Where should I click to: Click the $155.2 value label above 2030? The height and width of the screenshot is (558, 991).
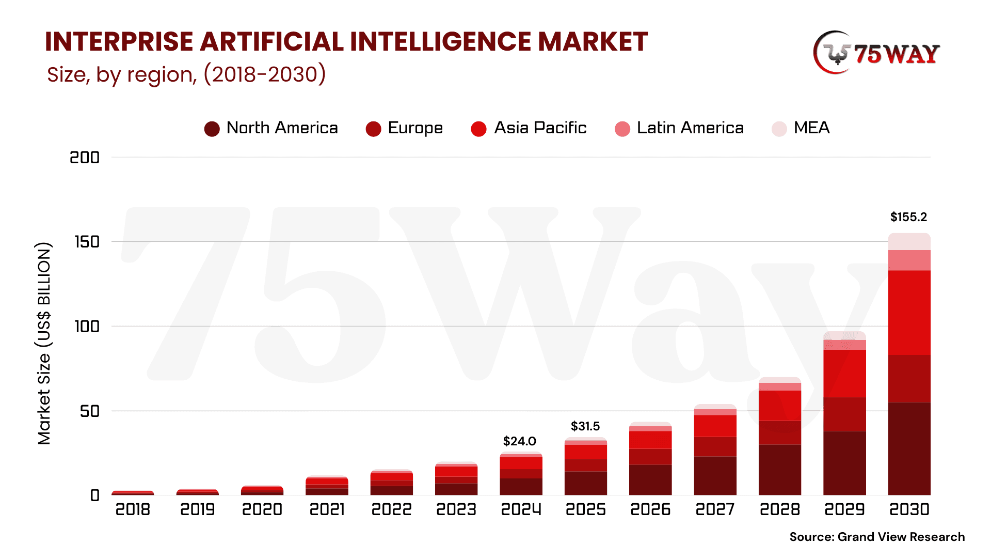(x=908, y=217)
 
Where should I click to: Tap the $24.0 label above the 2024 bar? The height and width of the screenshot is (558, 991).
(x=519, y=441)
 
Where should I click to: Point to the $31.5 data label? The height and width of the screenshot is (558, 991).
(x=585, y=426)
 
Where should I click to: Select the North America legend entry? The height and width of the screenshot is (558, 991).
(x=271, y=128)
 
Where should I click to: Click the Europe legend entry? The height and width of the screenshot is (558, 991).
(x=404, y=128)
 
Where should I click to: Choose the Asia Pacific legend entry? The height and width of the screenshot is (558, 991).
(x=529, y=128)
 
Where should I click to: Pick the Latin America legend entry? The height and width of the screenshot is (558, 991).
(x=679, y=128)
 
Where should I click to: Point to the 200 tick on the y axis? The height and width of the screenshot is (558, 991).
(x=85, y=158)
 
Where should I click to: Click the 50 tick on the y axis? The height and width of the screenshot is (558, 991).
(x=89, y=411)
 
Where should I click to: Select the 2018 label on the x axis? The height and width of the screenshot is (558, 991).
(x=133, y=510)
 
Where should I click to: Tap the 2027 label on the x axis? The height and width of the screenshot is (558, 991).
(x=715, y=510)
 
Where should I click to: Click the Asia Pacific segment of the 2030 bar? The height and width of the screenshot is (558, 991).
(x=909, y=313)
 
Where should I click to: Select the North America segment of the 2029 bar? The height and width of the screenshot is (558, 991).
(x=844, y=463)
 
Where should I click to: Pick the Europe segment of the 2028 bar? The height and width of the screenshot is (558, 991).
(x=779, y=432)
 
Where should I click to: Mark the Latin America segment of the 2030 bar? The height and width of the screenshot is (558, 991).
(x=909, y=260)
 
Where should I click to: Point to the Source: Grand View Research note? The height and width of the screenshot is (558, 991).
(x=876, y=537)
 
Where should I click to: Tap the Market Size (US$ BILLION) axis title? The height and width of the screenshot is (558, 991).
(x=44, y=344)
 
